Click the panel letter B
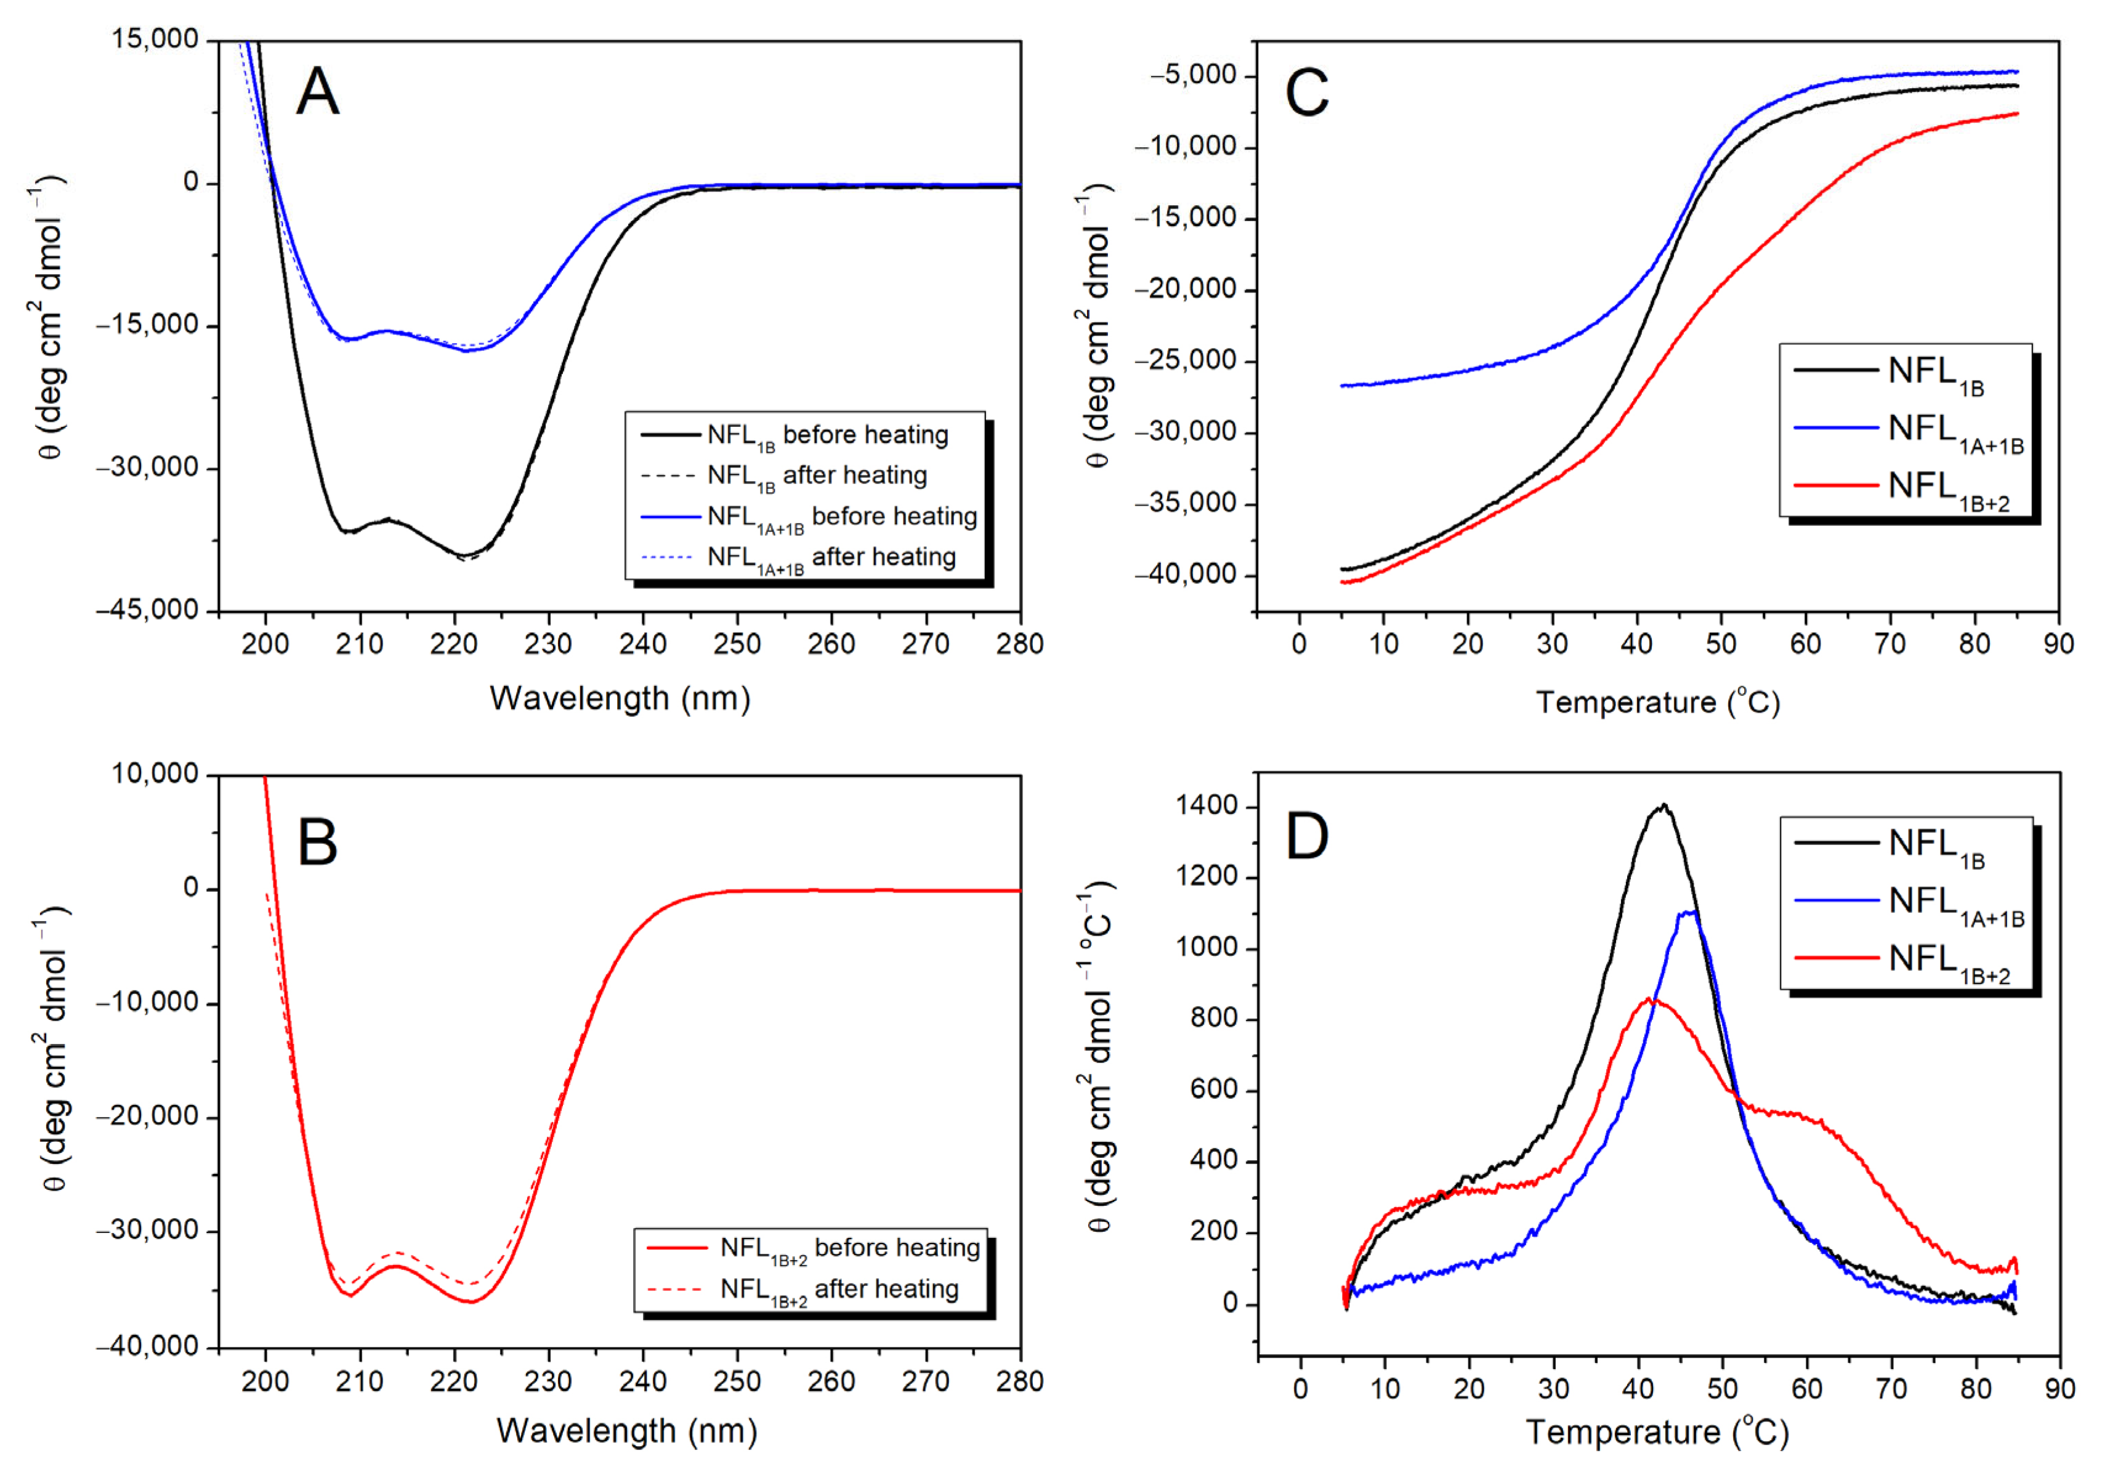[x=318, y=843]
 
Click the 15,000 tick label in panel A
[x=155, y=39]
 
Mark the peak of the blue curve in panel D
[x=1689, y=912]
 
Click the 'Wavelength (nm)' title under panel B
[x=627, y=1431]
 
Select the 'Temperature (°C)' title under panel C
[x=1659, y=703]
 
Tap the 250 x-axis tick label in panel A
[x=737, y=644]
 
